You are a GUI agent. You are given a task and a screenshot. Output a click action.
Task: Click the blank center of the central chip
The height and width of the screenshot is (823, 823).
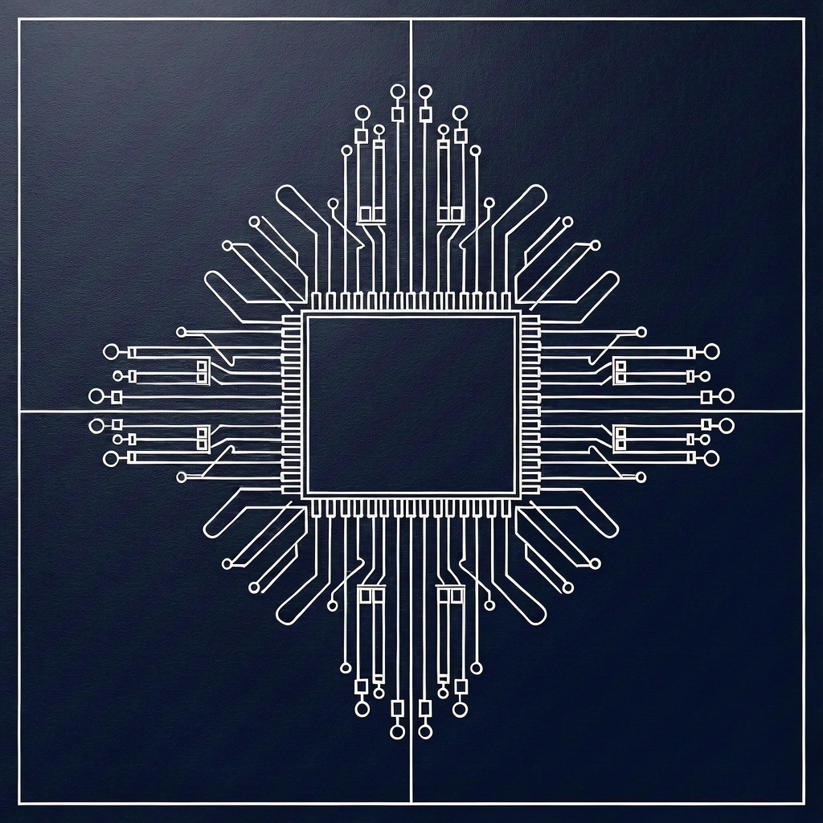click(411, 404)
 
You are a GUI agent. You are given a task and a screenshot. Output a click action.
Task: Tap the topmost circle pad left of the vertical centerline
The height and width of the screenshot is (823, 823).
click(396, 92)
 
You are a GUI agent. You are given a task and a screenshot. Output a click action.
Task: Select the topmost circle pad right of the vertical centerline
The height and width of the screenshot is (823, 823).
click(425, 92)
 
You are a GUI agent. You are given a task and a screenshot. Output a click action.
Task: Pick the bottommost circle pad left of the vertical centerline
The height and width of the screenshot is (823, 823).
click(396, 731)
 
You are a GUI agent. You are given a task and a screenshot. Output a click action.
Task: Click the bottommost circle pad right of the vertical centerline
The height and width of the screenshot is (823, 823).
click(425, 731)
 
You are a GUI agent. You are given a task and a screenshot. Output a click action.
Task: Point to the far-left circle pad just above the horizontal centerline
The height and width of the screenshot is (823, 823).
click(96, 395)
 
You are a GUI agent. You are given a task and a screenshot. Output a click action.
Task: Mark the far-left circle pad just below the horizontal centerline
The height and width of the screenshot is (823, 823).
click(96, 425)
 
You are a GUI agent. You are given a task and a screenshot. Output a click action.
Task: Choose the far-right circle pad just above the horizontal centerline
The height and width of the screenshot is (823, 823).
click(727, 395)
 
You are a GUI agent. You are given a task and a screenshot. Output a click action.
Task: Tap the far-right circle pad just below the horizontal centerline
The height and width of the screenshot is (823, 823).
click(727, 424)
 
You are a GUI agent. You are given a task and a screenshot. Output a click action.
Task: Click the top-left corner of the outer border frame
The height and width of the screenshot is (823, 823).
click(18, 19)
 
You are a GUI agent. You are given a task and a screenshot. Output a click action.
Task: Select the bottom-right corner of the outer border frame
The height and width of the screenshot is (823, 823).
click(804, 803)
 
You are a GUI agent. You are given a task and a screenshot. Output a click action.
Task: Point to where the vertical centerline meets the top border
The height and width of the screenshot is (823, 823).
click(411, 19)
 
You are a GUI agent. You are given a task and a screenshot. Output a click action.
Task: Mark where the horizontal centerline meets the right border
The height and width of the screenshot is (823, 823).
click(804, 411)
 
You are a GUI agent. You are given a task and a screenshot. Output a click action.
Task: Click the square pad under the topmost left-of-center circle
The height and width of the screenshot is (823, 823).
click(396, 114)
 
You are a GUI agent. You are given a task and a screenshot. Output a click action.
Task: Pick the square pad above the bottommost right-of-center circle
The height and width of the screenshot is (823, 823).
click(425, 708)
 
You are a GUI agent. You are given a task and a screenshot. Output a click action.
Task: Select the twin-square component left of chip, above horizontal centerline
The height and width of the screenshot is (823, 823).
click(202, 371)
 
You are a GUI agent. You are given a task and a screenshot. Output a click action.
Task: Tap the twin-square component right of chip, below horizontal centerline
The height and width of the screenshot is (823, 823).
click(620, 438)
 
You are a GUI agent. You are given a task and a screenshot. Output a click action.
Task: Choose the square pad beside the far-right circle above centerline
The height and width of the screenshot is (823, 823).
click(706, 396)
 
